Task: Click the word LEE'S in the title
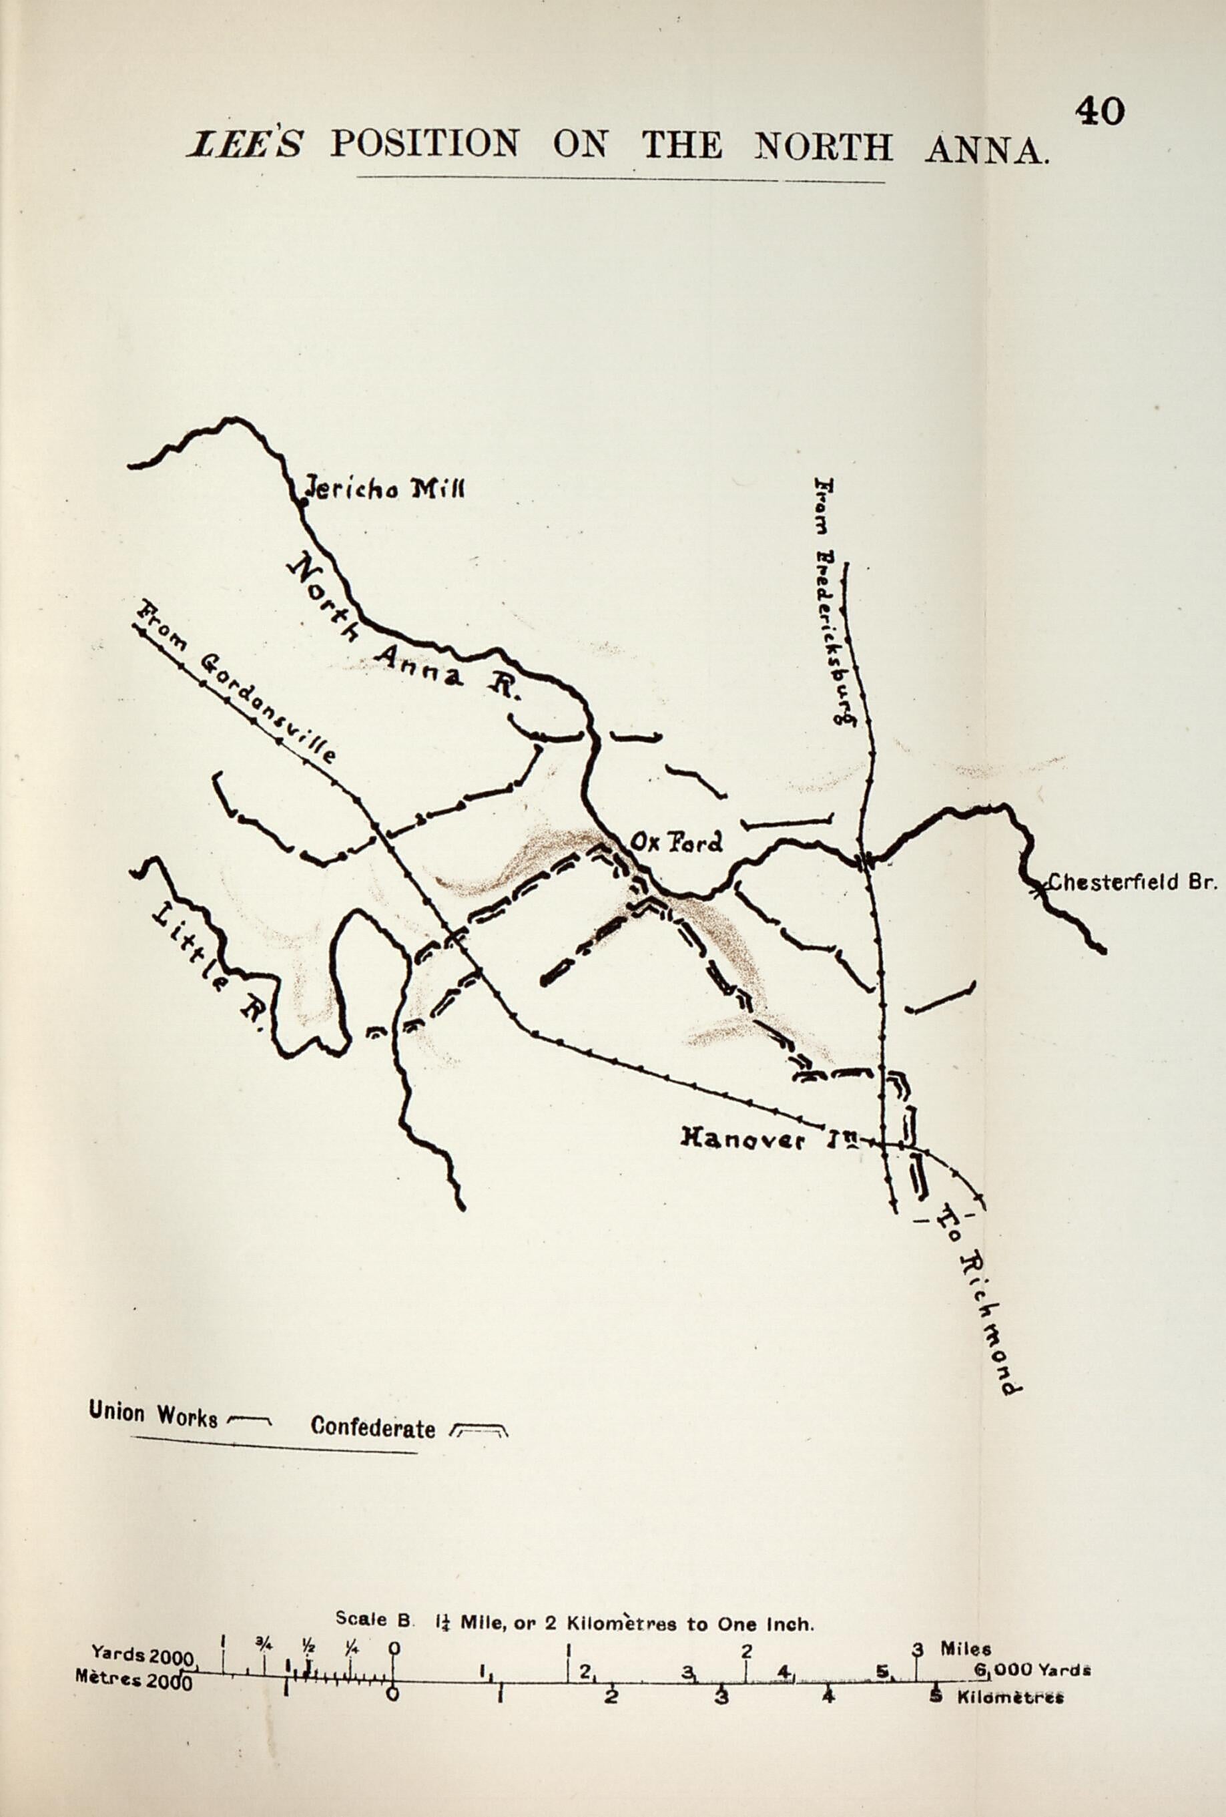[x=244, y=146]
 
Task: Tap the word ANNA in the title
[x=985, y=148]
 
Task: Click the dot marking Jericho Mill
[x=304, y=503]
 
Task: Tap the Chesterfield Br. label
[x=1131, y=883]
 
